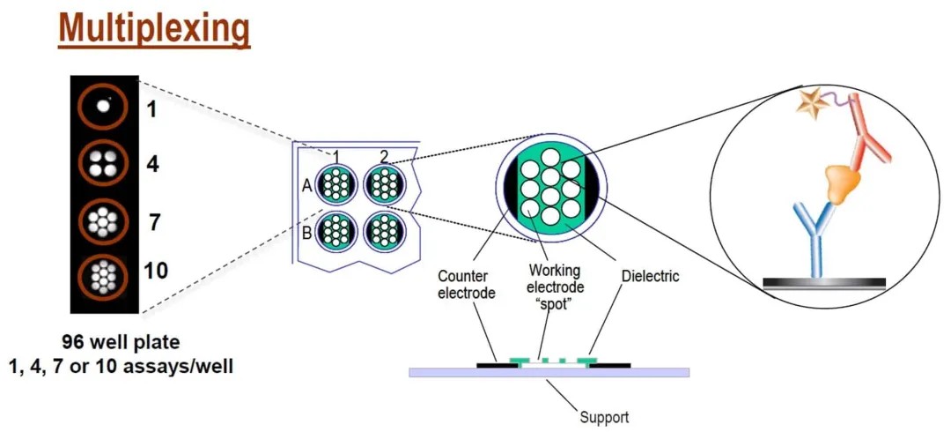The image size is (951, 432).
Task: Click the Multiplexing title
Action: click(155, 29)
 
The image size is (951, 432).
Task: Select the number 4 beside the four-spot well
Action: click(153, 164)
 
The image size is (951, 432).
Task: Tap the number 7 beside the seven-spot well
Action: click(154, 221)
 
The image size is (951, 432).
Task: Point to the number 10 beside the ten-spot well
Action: click(155, 271)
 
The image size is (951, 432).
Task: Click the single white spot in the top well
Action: click(104, 106)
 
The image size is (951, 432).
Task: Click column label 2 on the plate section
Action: click(384, 157)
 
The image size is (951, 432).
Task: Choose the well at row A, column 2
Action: click(384, 185)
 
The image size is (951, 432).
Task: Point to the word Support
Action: click(604, 417)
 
